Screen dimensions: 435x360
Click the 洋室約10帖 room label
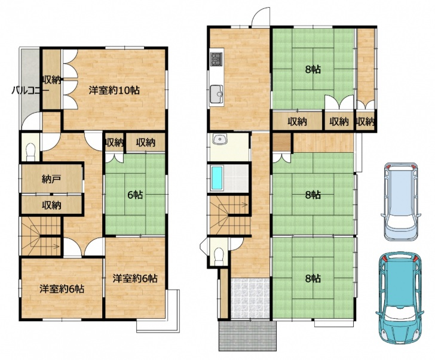[x=114, y=90]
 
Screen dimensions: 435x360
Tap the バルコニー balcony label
[x=30, y=90]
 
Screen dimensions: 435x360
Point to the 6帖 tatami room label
[x=135, y=195]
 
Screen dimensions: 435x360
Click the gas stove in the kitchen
[x=217, y=59]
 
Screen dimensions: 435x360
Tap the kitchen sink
[x=216, y=94]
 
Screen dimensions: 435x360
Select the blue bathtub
[x=217, y=178]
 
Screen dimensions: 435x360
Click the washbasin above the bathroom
[x=220, y=139]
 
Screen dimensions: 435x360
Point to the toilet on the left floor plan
[x=30, y=152]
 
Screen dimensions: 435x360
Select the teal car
[x=400, y=298]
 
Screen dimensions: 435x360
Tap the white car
[x=400, y=201]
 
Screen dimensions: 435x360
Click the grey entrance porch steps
[x=247, y=336]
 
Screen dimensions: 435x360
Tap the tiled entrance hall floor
[x=250, y=298]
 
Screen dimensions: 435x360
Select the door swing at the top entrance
[x=261, y=17]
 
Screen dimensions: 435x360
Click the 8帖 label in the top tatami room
[x=313, y=69]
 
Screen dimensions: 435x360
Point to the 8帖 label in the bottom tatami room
[x=313, y=278]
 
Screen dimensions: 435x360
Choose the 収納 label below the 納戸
[x=51, y=205]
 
